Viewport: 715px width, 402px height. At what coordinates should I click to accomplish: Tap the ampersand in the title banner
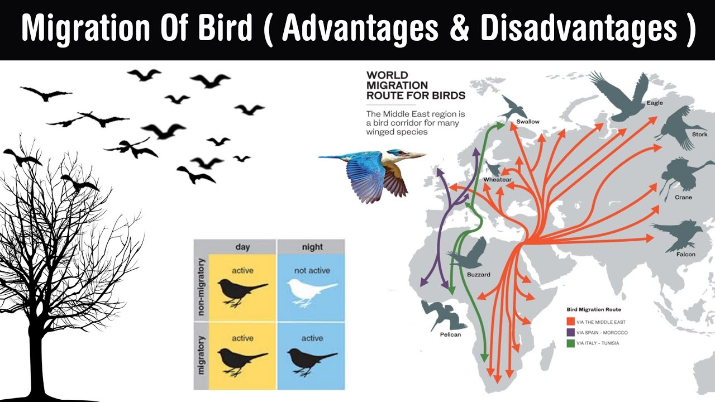click(x=459, y=28)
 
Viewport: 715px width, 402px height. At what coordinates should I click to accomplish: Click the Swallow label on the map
click(x=528, y=122)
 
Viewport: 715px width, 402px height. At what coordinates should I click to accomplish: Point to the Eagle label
click(x=655, y=103)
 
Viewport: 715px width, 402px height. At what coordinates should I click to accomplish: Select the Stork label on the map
click(x=700, y=135)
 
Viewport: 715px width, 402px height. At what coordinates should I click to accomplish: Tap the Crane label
click(x=683, y=197)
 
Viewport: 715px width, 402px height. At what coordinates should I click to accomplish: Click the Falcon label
click(x=685, y=254)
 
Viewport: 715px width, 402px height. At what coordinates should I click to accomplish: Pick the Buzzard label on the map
click(x=479, y=274)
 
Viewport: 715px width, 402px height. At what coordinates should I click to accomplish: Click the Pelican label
click(x=450, y=334)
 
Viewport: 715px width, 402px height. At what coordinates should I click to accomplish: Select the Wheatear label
click(x=497, y=180)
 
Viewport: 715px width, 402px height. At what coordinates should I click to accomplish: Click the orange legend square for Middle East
click(x=570, y=322)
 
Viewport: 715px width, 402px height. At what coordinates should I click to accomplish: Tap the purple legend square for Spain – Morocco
click(x=570, y=332)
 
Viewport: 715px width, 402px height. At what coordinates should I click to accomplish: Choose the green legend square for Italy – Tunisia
click(x=570, y=343)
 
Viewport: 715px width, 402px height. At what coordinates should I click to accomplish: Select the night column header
click(x=312, y=247)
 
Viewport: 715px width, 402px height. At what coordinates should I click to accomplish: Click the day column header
click(x=242, y=247)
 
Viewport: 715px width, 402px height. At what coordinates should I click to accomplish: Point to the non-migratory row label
click(x=201, y=287)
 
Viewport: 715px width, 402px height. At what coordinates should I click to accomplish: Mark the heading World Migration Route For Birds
click(x=416, y=85)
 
